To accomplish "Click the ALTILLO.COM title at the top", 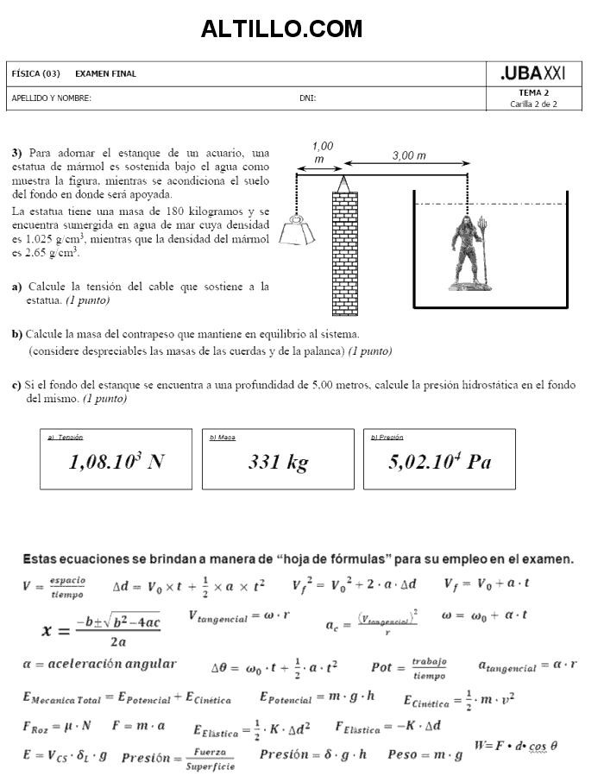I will click(281, 29).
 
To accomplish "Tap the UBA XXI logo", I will click(532, 74).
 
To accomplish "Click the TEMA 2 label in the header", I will click(533, 92).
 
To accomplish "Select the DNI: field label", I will click(307, 98).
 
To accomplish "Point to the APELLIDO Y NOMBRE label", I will click(51, 98).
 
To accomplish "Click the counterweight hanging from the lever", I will click(296, 230).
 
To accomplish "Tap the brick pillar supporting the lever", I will click(344, 250).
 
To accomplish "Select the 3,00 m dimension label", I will click(408, 156).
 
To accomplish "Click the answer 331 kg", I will click(278, 463).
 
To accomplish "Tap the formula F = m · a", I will click(138, 726).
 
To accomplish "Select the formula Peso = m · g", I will click(425, 754).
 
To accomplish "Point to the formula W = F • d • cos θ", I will click(516, 745).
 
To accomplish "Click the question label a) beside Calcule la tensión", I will click(16, 287).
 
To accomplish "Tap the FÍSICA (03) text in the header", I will click(35, 74).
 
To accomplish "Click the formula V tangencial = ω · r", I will click(239, 617).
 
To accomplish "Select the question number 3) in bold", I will click(17, 153).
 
